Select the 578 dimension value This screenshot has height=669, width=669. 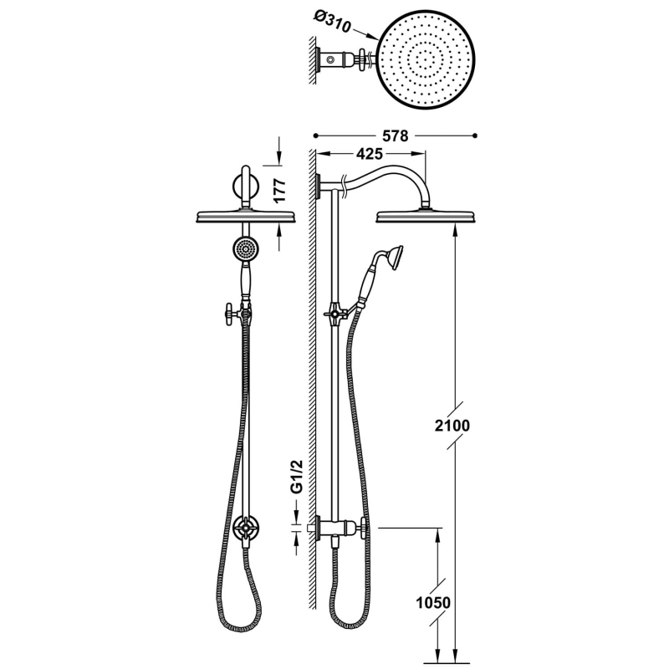[395, 135]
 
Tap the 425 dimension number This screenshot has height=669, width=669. [369, 154]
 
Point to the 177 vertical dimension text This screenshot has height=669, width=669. [279, 191]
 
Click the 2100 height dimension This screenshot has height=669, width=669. [452, 426]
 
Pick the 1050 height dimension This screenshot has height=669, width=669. [433, 603]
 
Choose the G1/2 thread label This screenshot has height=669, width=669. [297, 477]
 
